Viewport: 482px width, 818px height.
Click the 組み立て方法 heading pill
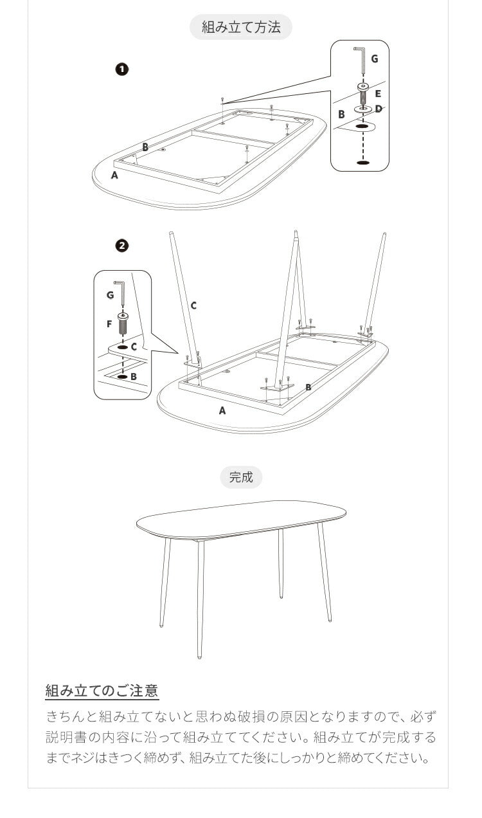pyautogui.click(x=241, y=27)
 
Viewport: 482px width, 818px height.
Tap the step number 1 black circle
pyautogui.click(x=122, y=69)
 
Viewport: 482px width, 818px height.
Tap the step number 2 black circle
pyautogui.click(x=122, y=246)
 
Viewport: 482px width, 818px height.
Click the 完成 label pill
pyautogui.click(x=241, y=477)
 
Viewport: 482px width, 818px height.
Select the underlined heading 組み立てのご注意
pyautogui.click(x=102, y=691)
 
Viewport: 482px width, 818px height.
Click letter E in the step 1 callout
pyautogui.click(x=378, y=94)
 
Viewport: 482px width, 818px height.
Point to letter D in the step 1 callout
pyautogui.click(x=379, y=109)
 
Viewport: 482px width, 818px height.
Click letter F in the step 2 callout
pyautogui.click(x=109, y=324)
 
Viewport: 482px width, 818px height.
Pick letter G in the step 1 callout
pyautogui.click(x=375, y=59)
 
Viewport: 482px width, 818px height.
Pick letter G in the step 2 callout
pyautogui.click(x=110, y=295)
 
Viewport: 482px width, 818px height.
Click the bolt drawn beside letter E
pyautogui.click(x=363, y=93)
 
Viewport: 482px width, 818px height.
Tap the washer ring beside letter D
pyautogui.click(x=362, y=109)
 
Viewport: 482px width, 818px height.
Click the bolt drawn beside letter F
pyautogui.click(x=123, y=322)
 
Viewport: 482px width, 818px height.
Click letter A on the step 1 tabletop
pyautogui.click(x=114, y=176)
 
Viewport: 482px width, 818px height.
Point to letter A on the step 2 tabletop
pyautogui.click(x=222, y=411)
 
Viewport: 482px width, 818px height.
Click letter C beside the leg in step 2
pyautogui.click(x=193, y=305)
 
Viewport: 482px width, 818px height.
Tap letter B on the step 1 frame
pyautogui.click(x=145, y=147)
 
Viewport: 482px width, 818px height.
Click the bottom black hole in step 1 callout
pyautogui.click(x=362, y=162)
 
